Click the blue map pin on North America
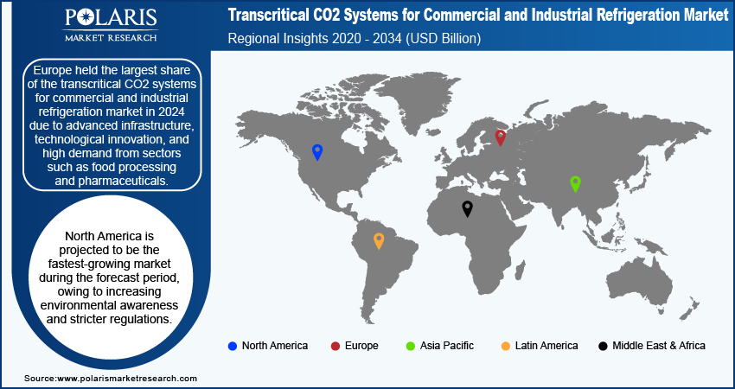(x=317, y=152)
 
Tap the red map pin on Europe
(x=500, y=137)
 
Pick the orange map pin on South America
(x=379, y=241)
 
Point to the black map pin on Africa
(x=467, y=208)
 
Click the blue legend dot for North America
(x=232, y=347)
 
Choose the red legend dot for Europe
(x=336, y=347)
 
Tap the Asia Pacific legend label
(x=447, y=346)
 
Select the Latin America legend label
(x=546, y=346)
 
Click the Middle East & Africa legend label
(x=659, y=346)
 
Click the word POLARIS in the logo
(x=111, y=17)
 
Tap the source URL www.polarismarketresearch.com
(x=126, y=379)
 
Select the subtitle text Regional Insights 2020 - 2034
(x=315, y=38)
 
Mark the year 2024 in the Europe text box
(x=170, y=113)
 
